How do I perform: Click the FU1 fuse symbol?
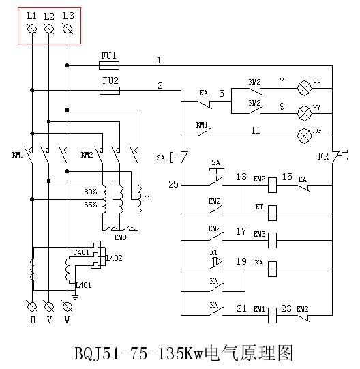(109, 65)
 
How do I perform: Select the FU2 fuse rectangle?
(110, 91)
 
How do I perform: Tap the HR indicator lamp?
(305, 88)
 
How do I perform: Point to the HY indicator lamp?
(305, 113)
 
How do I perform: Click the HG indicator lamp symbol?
(305, 136)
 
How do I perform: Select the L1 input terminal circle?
(32, 29)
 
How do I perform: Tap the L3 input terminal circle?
(67, 29)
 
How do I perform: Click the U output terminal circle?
(32, 307)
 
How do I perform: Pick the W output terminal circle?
(67, 307)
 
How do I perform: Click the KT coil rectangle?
(273, 213)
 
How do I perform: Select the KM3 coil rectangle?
(273, 240)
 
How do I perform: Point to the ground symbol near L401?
(75, 297)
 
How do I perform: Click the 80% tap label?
(91, 192)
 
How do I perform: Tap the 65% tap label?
(91, 205)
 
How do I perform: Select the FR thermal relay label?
(323, 156)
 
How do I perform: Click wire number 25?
(173, 184)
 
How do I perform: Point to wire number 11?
(255, 130)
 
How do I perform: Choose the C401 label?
(81, 252)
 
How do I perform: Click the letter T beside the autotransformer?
(147, 198)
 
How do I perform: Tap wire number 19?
(241, 261)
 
